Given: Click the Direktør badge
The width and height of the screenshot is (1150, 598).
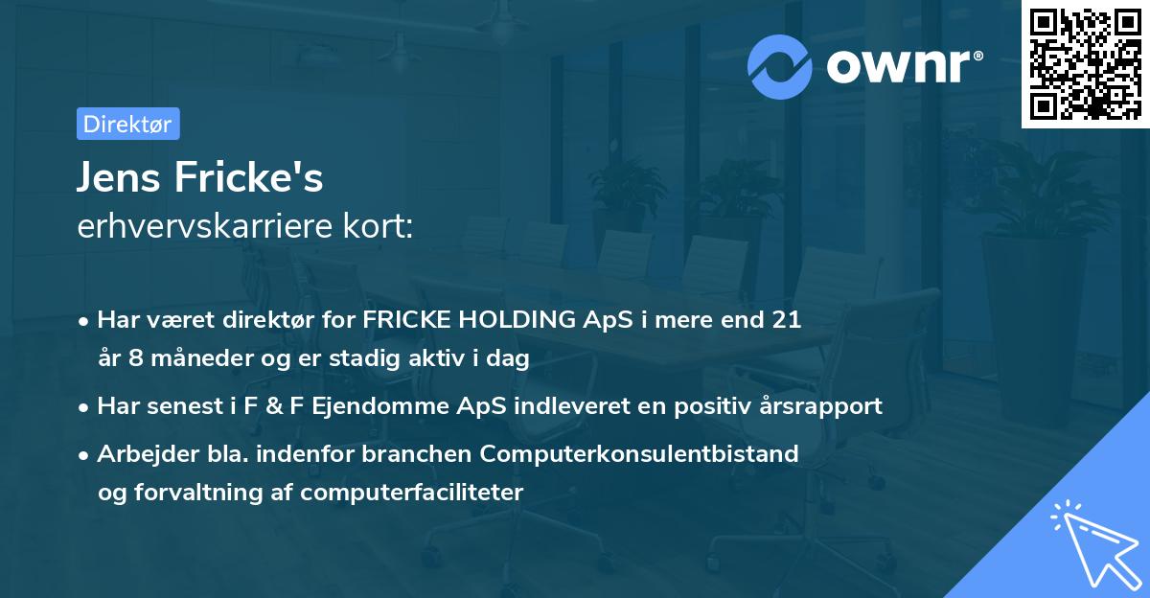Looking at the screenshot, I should (x=127, y=124).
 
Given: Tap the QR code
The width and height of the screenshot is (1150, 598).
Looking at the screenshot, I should (x=1085, y=64).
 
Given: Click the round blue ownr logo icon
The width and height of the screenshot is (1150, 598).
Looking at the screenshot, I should (x=780, y=65).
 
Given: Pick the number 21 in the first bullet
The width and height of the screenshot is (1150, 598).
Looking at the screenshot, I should (x=785, y=320).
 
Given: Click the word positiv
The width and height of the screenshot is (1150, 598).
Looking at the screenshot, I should (x=697, y=406).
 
